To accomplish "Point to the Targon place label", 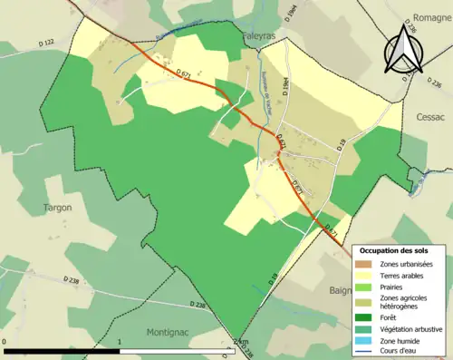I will [57, 208].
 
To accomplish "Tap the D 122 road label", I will [48, 43].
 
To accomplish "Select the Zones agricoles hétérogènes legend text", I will [405, 303].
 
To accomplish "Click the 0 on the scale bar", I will [5, 342].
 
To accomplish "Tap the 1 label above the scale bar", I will [120, 342].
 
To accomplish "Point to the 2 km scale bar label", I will [240, 342].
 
